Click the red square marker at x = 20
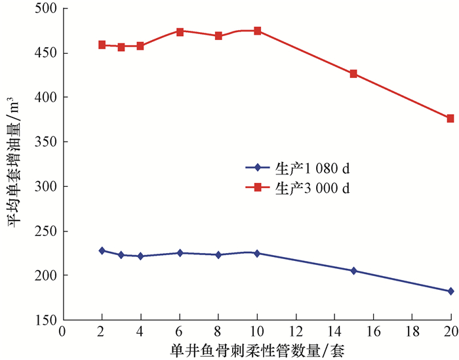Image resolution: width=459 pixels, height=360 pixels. [450, 119]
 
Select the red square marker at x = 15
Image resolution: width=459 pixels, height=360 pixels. [353, 74]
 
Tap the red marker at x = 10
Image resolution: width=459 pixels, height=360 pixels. [257, 31]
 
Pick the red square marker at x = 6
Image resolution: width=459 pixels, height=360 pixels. [180, 31]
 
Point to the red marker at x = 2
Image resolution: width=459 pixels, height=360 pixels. [102, 45]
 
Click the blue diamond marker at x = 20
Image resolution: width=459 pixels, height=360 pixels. [450, 291]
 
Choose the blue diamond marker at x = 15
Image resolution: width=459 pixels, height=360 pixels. [353, 271]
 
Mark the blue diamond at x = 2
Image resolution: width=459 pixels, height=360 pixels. [102, 250]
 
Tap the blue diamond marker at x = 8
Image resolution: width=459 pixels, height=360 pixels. [218, 255]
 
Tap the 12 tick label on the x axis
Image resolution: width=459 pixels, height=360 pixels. [296, 330]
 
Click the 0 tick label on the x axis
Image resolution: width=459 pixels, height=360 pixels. [63, 330]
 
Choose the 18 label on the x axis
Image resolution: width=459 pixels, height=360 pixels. [412, 330]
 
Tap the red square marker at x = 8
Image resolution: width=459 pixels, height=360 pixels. [218, 35]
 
